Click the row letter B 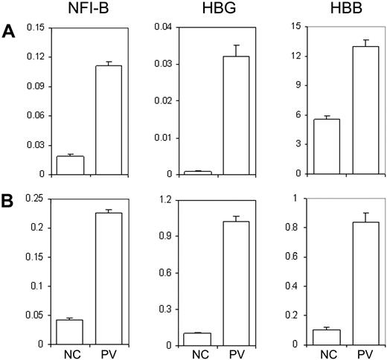click(9, 201)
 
